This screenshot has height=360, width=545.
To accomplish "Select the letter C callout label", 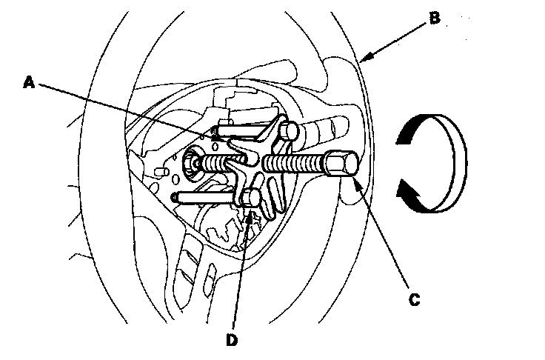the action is pos(414,299).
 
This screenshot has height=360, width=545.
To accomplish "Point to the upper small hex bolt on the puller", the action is pos(289,132).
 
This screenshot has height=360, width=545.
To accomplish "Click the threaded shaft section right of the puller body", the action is pos(296,161).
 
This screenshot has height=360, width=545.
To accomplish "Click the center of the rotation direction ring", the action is pos(430,160).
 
